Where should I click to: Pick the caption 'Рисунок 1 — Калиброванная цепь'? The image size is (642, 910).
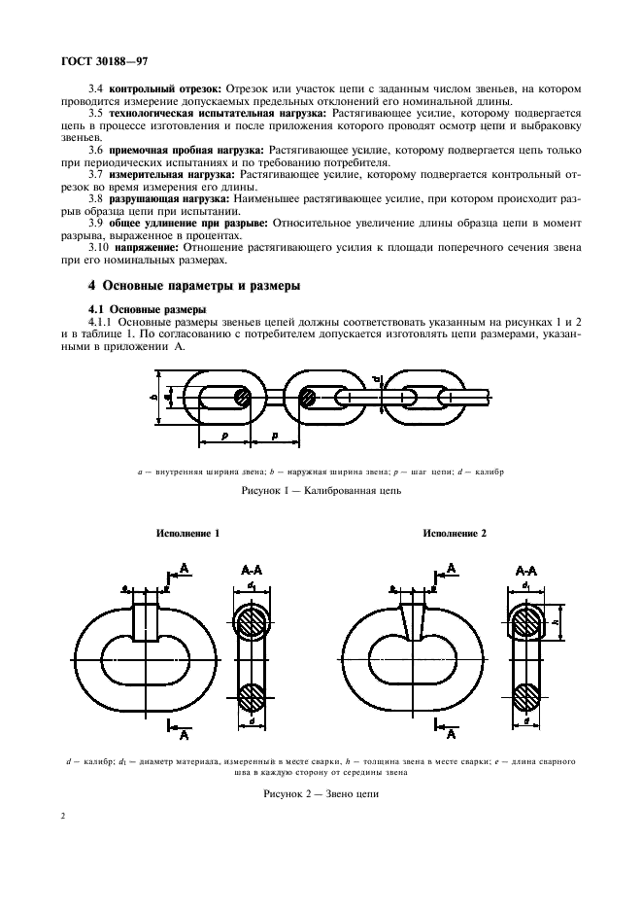321,492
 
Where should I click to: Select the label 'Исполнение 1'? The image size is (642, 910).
187,534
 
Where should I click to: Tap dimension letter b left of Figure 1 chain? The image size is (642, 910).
155,397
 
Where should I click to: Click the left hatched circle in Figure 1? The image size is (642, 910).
243,399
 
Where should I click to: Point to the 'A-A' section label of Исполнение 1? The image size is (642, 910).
249,571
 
